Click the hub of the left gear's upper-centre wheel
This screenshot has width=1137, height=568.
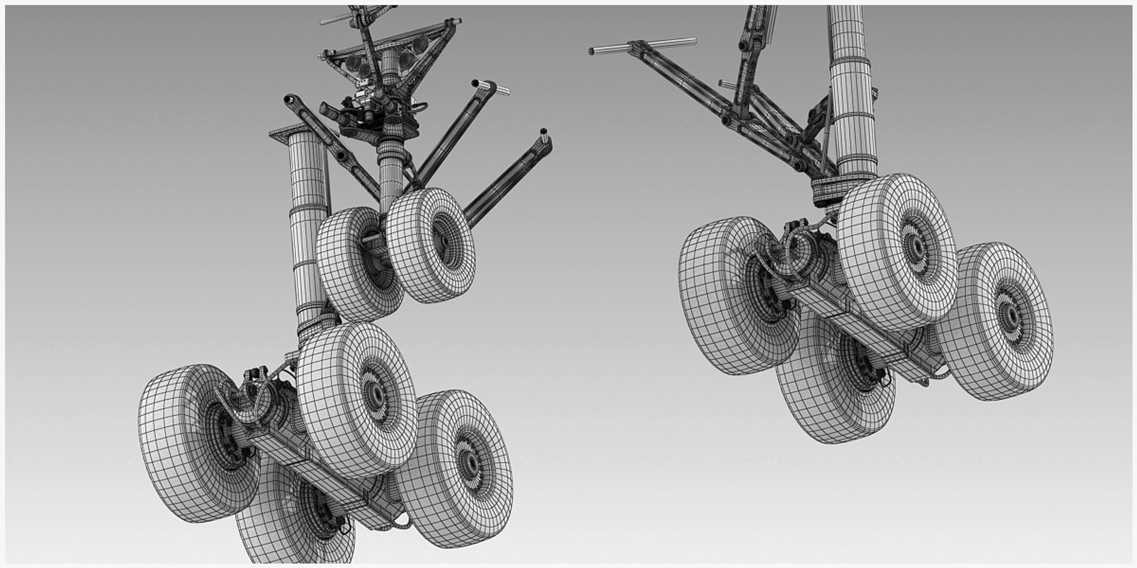click(374, 392)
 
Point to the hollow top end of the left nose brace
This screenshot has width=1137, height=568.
click(290, 98)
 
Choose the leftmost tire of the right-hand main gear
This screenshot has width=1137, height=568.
click(731, 296)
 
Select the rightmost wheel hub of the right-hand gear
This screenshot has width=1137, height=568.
click(1010, 314)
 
